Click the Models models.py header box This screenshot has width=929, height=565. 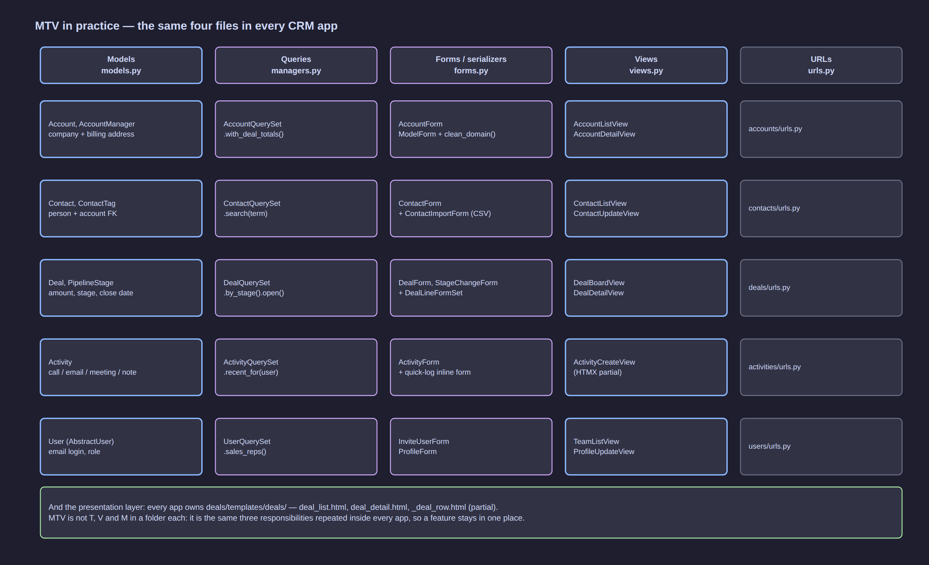(121, 65)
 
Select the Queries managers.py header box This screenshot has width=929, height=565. (296, 65)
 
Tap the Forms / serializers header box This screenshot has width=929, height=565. (471, 65)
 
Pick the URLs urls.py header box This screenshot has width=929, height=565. (821, 65)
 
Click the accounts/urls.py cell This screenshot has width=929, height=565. (821, 129)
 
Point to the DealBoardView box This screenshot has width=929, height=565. (646, 288)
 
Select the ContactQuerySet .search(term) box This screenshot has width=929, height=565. (296, 208)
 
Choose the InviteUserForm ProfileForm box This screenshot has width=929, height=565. (471, 446)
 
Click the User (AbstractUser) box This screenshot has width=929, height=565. (121, 446)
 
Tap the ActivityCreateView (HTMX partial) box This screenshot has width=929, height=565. (646, 367)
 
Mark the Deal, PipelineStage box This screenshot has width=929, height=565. (121, 288)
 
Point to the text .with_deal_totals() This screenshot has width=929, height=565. (253, 134)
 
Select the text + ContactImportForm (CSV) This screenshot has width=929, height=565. (445, 214)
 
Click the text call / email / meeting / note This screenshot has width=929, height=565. (92, 372)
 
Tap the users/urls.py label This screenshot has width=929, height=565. (769, 446)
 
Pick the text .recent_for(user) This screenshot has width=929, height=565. (251, 372)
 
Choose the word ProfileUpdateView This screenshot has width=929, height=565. (604, 451)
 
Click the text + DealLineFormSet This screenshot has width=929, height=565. (430, 293)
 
